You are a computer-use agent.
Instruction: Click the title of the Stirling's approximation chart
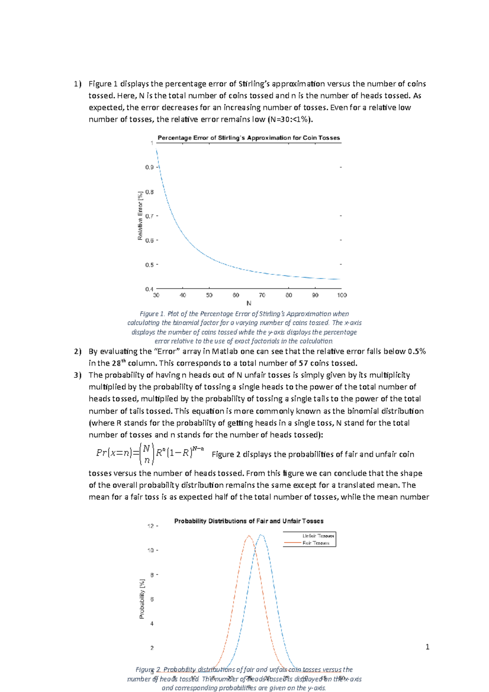(x=249, y=138)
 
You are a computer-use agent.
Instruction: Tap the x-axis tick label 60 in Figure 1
(x=236, y=295)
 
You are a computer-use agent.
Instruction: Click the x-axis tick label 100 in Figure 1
(x=341, y=295)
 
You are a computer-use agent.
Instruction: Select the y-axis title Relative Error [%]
(x=140, y=216)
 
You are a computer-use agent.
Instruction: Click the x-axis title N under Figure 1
(x=249, y=303)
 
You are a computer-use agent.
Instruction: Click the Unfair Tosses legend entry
(x=318, y=536)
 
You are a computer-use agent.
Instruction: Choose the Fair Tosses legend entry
(x=315, y=543)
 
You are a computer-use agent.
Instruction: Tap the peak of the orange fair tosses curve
(x=249, y=536)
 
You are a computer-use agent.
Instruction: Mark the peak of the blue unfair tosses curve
(x=261, y=535)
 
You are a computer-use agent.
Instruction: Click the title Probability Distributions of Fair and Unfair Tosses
(x=249, y=521)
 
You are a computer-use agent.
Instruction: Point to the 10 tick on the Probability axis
(x=150, y=550)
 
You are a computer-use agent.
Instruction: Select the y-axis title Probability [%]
(x=142, y=599)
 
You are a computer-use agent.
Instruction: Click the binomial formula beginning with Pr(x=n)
(x=150, y=454)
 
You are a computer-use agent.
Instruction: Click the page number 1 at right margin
(x=427, y=647)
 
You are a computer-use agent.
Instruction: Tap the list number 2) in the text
(x=78, y=351)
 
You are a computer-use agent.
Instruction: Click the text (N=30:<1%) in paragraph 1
(x=291, y=119)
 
